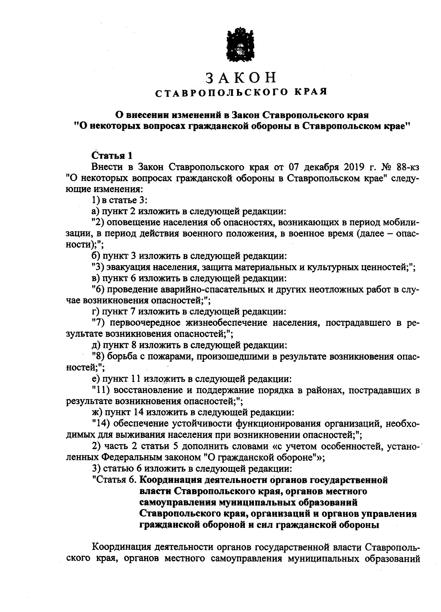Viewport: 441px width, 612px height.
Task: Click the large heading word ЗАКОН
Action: point(240,78)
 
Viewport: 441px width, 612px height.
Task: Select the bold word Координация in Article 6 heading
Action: point(170,480)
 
